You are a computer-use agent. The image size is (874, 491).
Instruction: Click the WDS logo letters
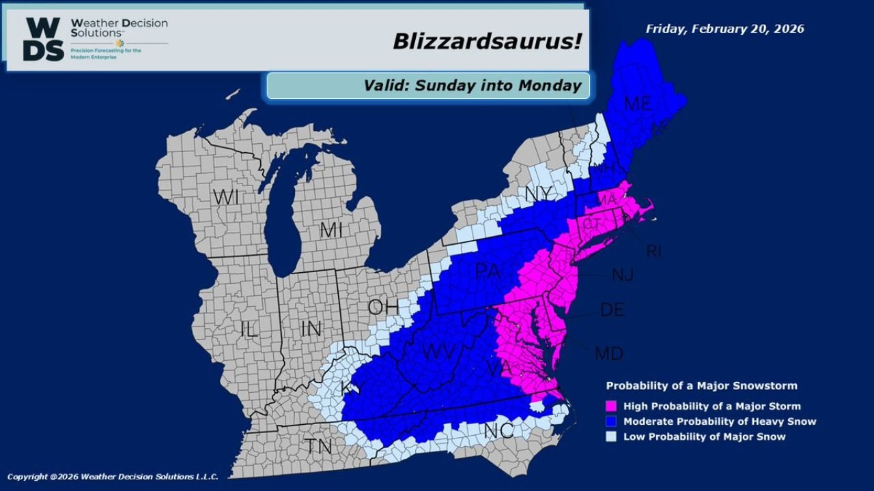(44, 39)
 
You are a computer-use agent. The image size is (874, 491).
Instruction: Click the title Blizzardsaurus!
(487, 41)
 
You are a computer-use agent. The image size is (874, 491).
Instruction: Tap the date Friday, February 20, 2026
(724, 29)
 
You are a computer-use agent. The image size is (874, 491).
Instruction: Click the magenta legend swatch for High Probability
(612, 406)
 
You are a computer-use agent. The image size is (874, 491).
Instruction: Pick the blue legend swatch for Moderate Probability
(612, 421)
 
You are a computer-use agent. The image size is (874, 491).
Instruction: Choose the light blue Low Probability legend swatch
(612, 436)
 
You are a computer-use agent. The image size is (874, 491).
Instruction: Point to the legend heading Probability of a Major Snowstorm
(701, 386)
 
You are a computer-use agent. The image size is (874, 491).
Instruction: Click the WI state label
(226, 198)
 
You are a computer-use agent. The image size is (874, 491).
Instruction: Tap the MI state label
(331, 230)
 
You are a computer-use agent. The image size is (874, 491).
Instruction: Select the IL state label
(249, 329)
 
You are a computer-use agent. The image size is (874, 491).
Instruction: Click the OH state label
(383, 307)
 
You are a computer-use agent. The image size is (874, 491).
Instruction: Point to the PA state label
(488, 271)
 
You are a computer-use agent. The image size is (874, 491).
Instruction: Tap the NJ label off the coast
(623, 275)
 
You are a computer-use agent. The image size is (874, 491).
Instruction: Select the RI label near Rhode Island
(653, 252)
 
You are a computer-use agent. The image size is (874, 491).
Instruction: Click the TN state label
(319, 447)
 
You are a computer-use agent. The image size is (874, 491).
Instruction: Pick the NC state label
(499, 431)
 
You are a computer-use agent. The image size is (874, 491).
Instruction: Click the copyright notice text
(113, 477)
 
